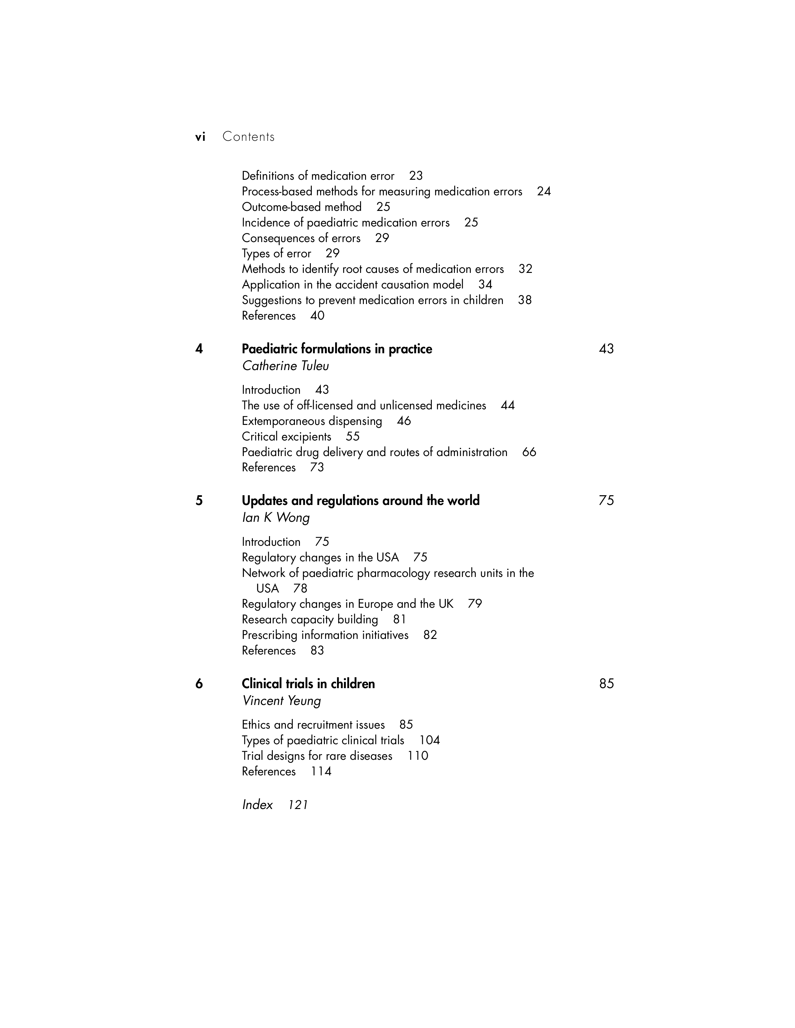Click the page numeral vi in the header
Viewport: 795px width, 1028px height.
point(200,137)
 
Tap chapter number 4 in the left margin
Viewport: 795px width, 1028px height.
point(199,349)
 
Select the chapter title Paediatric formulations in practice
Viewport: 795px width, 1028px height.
point(337,349)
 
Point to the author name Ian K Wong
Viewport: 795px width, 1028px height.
point(276,518)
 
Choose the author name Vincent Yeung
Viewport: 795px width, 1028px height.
point(281,701)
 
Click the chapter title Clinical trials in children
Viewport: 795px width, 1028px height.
point(308,683)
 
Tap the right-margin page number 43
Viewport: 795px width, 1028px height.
point(606,349)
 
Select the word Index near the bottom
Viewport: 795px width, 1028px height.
point(257,805)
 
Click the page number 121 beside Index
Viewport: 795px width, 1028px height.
point(298,805)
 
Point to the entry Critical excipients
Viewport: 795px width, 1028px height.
point(286,436)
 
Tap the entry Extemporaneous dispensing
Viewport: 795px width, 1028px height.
point(312,421)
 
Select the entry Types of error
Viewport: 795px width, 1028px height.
point(277,253)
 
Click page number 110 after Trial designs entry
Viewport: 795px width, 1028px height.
point(418,756)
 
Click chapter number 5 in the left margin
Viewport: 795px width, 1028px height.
point(199,500)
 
